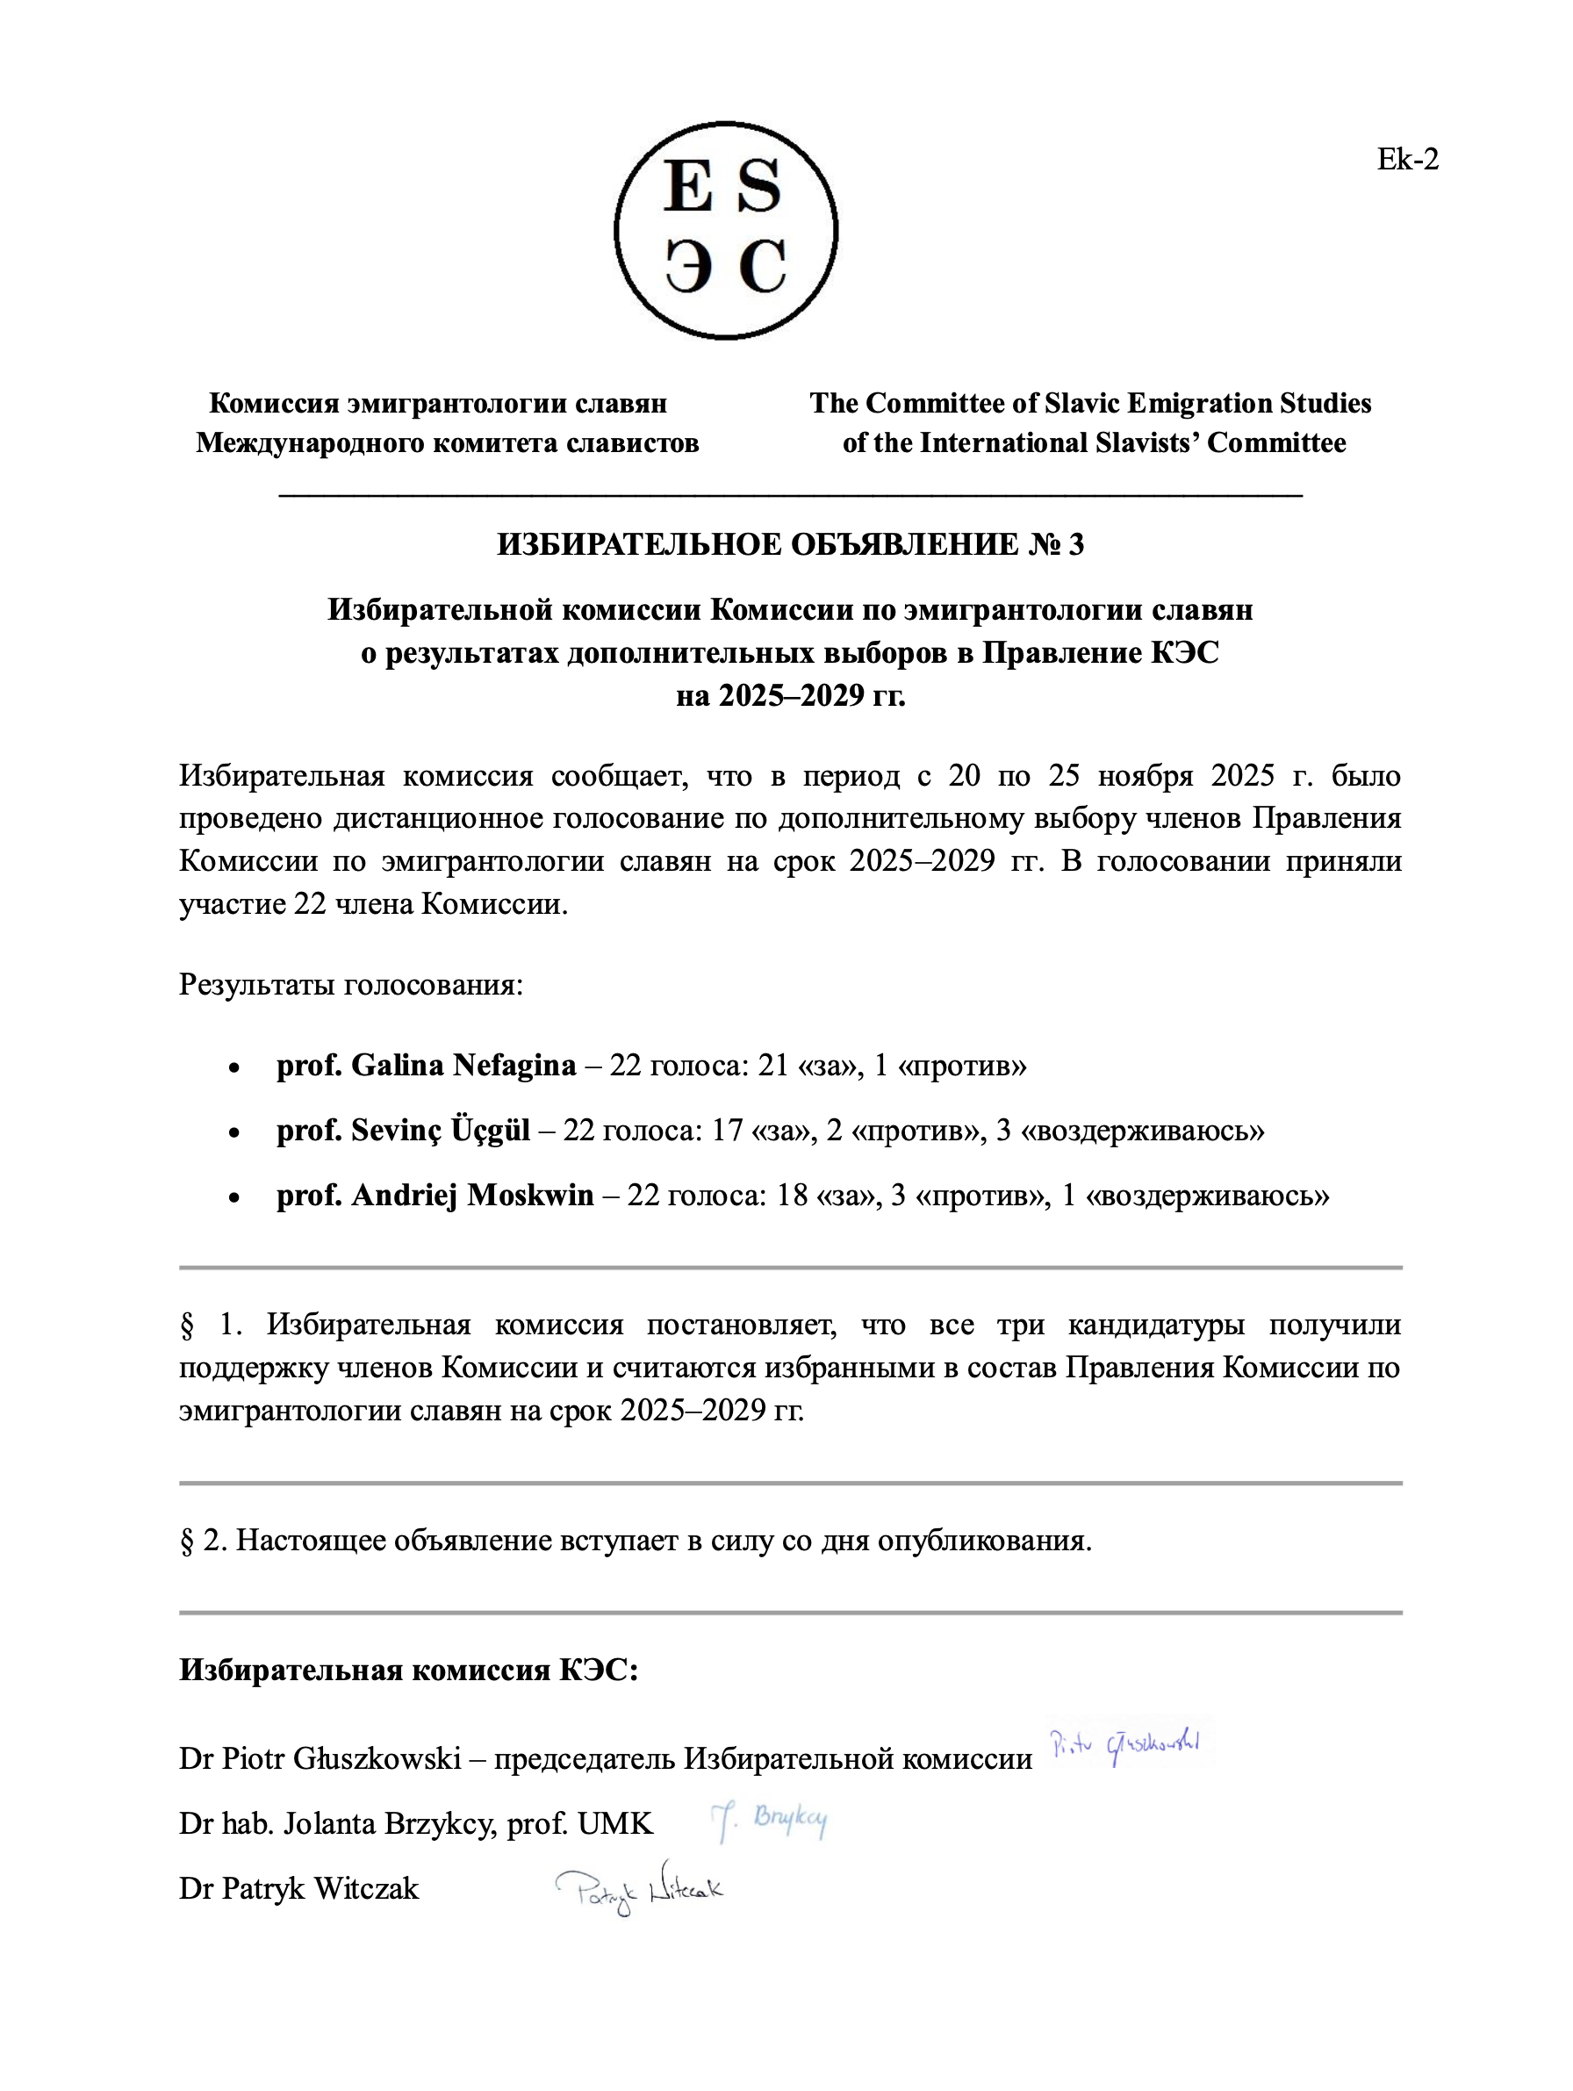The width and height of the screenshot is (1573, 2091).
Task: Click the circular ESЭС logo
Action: coord(725,230)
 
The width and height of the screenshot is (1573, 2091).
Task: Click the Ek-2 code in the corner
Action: coord(1406,160)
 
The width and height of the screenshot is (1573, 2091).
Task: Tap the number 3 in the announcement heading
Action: coord(1074,543)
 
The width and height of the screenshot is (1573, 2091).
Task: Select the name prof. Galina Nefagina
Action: coord(426,1066)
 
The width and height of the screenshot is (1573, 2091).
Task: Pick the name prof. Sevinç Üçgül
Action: coord(403,1130)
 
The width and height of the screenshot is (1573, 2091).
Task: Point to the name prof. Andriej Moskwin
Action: coord(435,1195)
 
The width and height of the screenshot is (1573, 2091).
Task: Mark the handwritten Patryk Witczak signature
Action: coord(639,1891)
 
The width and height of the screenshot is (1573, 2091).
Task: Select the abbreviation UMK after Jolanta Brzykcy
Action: coord(614,1823)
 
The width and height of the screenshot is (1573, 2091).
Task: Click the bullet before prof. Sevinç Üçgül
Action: coord(233,1132)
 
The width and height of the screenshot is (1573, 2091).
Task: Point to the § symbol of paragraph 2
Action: coord(186,1541)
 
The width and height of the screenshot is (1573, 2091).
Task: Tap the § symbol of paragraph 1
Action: coord(186,1326)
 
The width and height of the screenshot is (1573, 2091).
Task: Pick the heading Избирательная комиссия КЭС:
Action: coord(408,1671)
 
